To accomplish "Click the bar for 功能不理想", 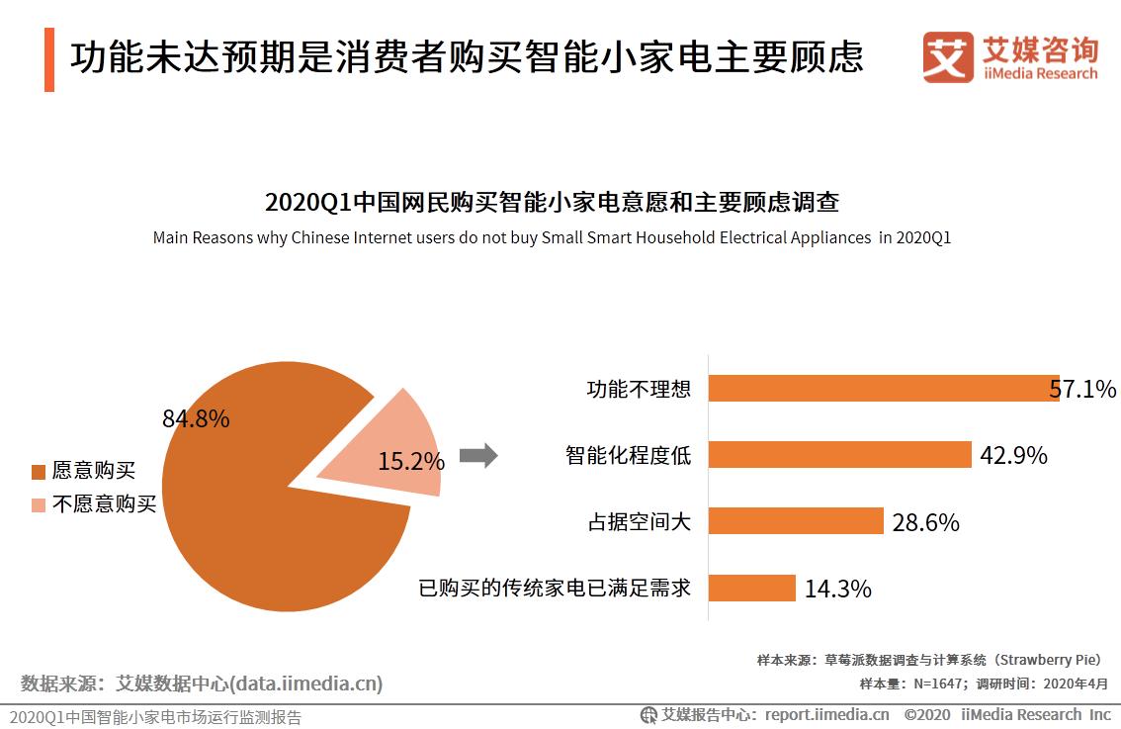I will [x=880, y=389].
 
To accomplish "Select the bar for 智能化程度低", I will [x=840, y=455].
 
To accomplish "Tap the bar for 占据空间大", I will [x=796, y=521].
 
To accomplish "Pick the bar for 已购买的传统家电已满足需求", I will [x=752, y=588].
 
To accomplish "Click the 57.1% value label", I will [x=1083, y=389].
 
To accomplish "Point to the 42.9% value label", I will [x=1013, y=455].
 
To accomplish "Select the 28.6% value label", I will [x=925, y=522].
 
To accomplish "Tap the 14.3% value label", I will [x=837, y=590].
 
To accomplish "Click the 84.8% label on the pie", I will [x=196, y=418].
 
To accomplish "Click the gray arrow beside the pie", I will [x=478, y=456].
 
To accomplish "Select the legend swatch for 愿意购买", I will [x=39, y=472].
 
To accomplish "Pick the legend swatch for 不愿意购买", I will [x=39, y=505].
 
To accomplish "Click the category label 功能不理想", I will [x=639, y=389].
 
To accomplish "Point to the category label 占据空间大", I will [x=639, y=522].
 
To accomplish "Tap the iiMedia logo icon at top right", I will [x=947, y=57].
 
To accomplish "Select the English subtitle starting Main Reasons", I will [x=551, y=238].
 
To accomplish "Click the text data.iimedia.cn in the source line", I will [x=305, y=683].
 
